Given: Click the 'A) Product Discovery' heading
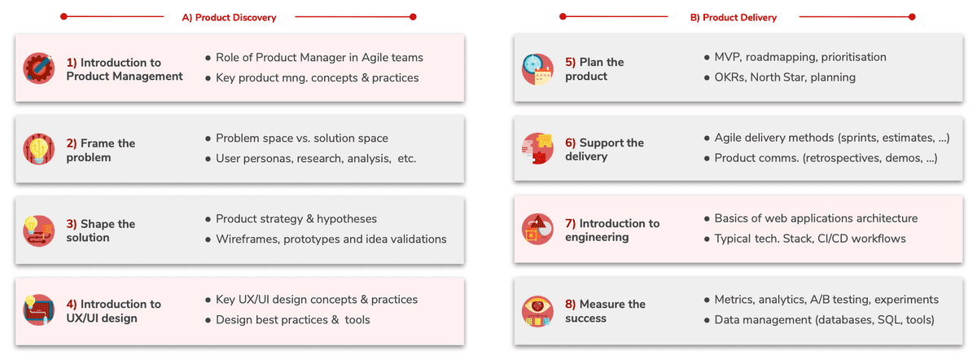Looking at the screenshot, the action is (229, 17).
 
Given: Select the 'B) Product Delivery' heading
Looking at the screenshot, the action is (734, 17).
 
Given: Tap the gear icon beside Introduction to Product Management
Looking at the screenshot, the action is (39, 68).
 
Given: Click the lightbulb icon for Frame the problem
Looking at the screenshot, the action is (39, 149).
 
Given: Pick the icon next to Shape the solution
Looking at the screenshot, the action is (39, 230).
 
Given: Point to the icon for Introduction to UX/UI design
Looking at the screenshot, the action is (39, 310).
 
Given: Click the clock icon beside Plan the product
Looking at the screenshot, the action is (538, 69).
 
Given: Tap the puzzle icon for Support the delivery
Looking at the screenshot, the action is (538, 148).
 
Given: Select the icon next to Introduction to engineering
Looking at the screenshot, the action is (538, 229).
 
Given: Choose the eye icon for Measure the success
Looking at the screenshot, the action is (538, 311).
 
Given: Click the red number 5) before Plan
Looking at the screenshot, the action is (570, 62).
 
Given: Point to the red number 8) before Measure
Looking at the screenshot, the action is (570, 304).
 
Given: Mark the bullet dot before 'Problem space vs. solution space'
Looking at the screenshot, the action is (208, 138).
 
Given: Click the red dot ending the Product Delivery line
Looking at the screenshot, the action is (912, 17).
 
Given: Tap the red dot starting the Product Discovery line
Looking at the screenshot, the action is (64, 16).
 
